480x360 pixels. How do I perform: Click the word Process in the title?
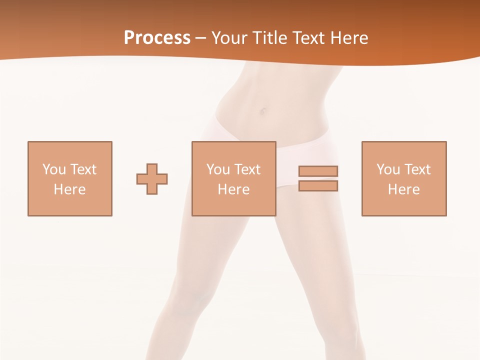(157, 38)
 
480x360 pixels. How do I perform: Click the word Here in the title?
(350, 38)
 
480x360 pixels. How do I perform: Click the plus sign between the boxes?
(152, 178)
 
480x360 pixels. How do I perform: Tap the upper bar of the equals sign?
(318, 171)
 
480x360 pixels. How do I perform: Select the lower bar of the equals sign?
(318, 185)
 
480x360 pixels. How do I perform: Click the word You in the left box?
(54, 169)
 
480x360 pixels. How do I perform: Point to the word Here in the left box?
(70, 189)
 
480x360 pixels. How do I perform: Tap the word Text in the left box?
(83, 169)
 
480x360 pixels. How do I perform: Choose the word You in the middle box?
(218, 169)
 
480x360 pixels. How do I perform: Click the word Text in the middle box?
(247, 169)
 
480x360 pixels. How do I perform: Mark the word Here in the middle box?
(234, 189)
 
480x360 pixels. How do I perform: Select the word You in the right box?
(388, 169)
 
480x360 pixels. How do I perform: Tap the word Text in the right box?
(417, 169)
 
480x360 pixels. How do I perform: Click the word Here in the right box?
(404, 189)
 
